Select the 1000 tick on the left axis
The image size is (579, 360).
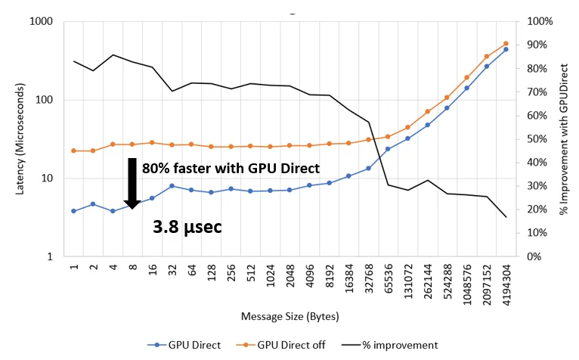tap(40, 22)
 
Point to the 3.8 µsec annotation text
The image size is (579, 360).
tap(187, 226)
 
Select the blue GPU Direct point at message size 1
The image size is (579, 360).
tap(73, 211)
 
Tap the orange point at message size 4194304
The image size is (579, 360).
tap(506, 44)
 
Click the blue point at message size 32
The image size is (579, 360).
tap(172, 186)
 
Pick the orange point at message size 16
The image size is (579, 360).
tap(152, 142)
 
